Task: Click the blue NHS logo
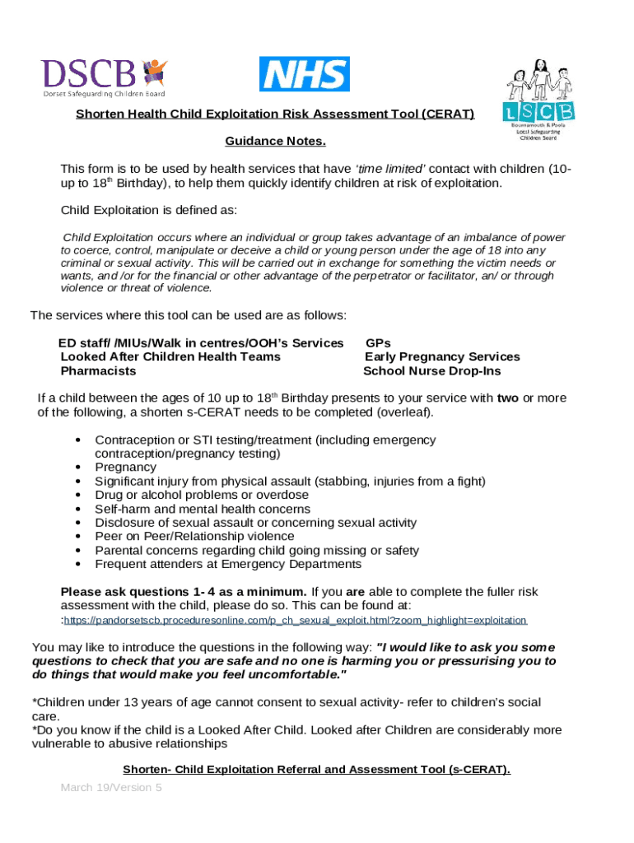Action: (305, 74)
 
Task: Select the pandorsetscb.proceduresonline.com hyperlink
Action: (295, 620)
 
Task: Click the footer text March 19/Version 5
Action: (111, 788)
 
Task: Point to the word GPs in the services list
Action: (378, 342)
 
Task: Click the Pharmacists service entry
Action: (99, 371)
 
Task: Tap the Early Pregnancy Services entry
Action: (442, 356)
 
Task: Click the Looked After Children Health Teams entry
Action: (170, 356)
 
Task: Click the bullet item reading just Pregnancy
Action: (125, 467)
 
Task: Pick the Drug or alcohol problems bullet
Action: (202, 495)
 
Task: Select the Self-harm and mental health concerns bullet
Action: (203, 509)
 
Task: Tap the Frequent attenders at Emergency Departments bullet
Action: (228, 564)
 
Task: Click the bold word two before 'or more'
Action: (508, 398)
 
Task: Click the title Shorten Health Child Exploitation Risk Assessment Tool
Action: (275, 114)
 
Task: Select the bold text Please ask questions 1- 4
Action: (184, 591)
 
